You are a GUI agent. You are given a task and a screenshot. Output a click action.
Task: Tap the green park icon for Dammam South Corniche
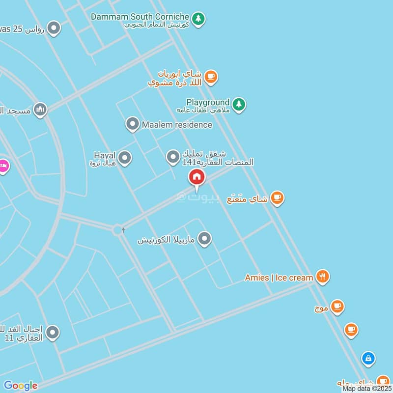click(197, 19)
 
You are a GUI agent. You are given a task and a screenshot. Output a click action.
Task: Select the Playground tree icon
click(239, 105)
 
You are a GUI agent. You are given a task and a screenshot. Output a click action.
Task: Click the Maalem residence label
click(177, 125)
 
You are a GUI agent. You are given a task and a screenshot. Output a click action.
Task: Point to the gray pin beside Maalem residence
click(132, 124)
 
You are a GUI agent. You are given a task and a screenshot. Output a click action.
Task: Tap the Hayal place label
click(104, 156)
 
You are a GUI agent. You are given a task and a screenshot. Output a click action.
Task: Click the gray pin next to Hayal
click(125, 158)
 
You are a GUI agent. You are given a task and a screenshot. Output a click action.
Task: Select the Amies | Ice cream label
click(279, 278)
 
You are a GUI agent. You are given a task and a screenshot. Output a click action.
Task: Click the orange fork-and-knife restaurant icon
click(322, 277)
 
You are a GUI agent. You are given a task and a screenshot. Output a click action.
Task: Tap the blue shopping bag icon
click(368, 359)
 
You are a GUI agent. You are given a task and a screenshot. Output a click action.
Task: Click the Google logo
click(21, 386)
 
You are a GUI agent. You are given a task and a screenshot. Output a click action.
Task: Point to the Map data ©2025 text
click(366, 389)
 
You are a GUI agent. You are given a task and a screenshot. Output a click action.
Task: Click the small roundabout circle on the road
click(117, 229)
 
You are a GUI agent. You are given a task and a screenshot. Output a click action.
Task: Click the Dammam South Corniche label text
click(140, 17)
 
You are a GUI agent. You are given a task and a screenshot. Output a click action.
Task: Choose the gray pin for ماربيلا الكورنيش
click(204, 239)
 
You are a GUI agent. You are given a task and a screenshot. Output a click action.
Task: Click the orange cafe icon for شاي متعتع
click(277, 198)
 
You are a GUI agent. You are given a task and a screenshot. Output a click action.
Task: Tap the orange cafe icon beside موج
click(337, 307)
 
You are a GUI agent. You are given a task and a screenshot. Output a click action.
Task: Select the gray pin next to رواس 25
click(54, 28)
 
